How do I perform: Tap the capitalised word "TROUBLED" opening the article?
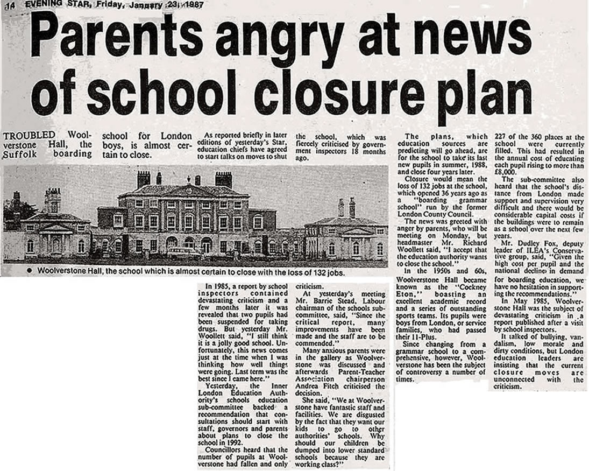click(x=29, y=135)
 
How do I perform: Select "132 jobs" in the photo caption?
click(x=326, y=272)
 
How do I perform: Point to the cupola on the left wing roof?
click(x=53, y=200)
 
